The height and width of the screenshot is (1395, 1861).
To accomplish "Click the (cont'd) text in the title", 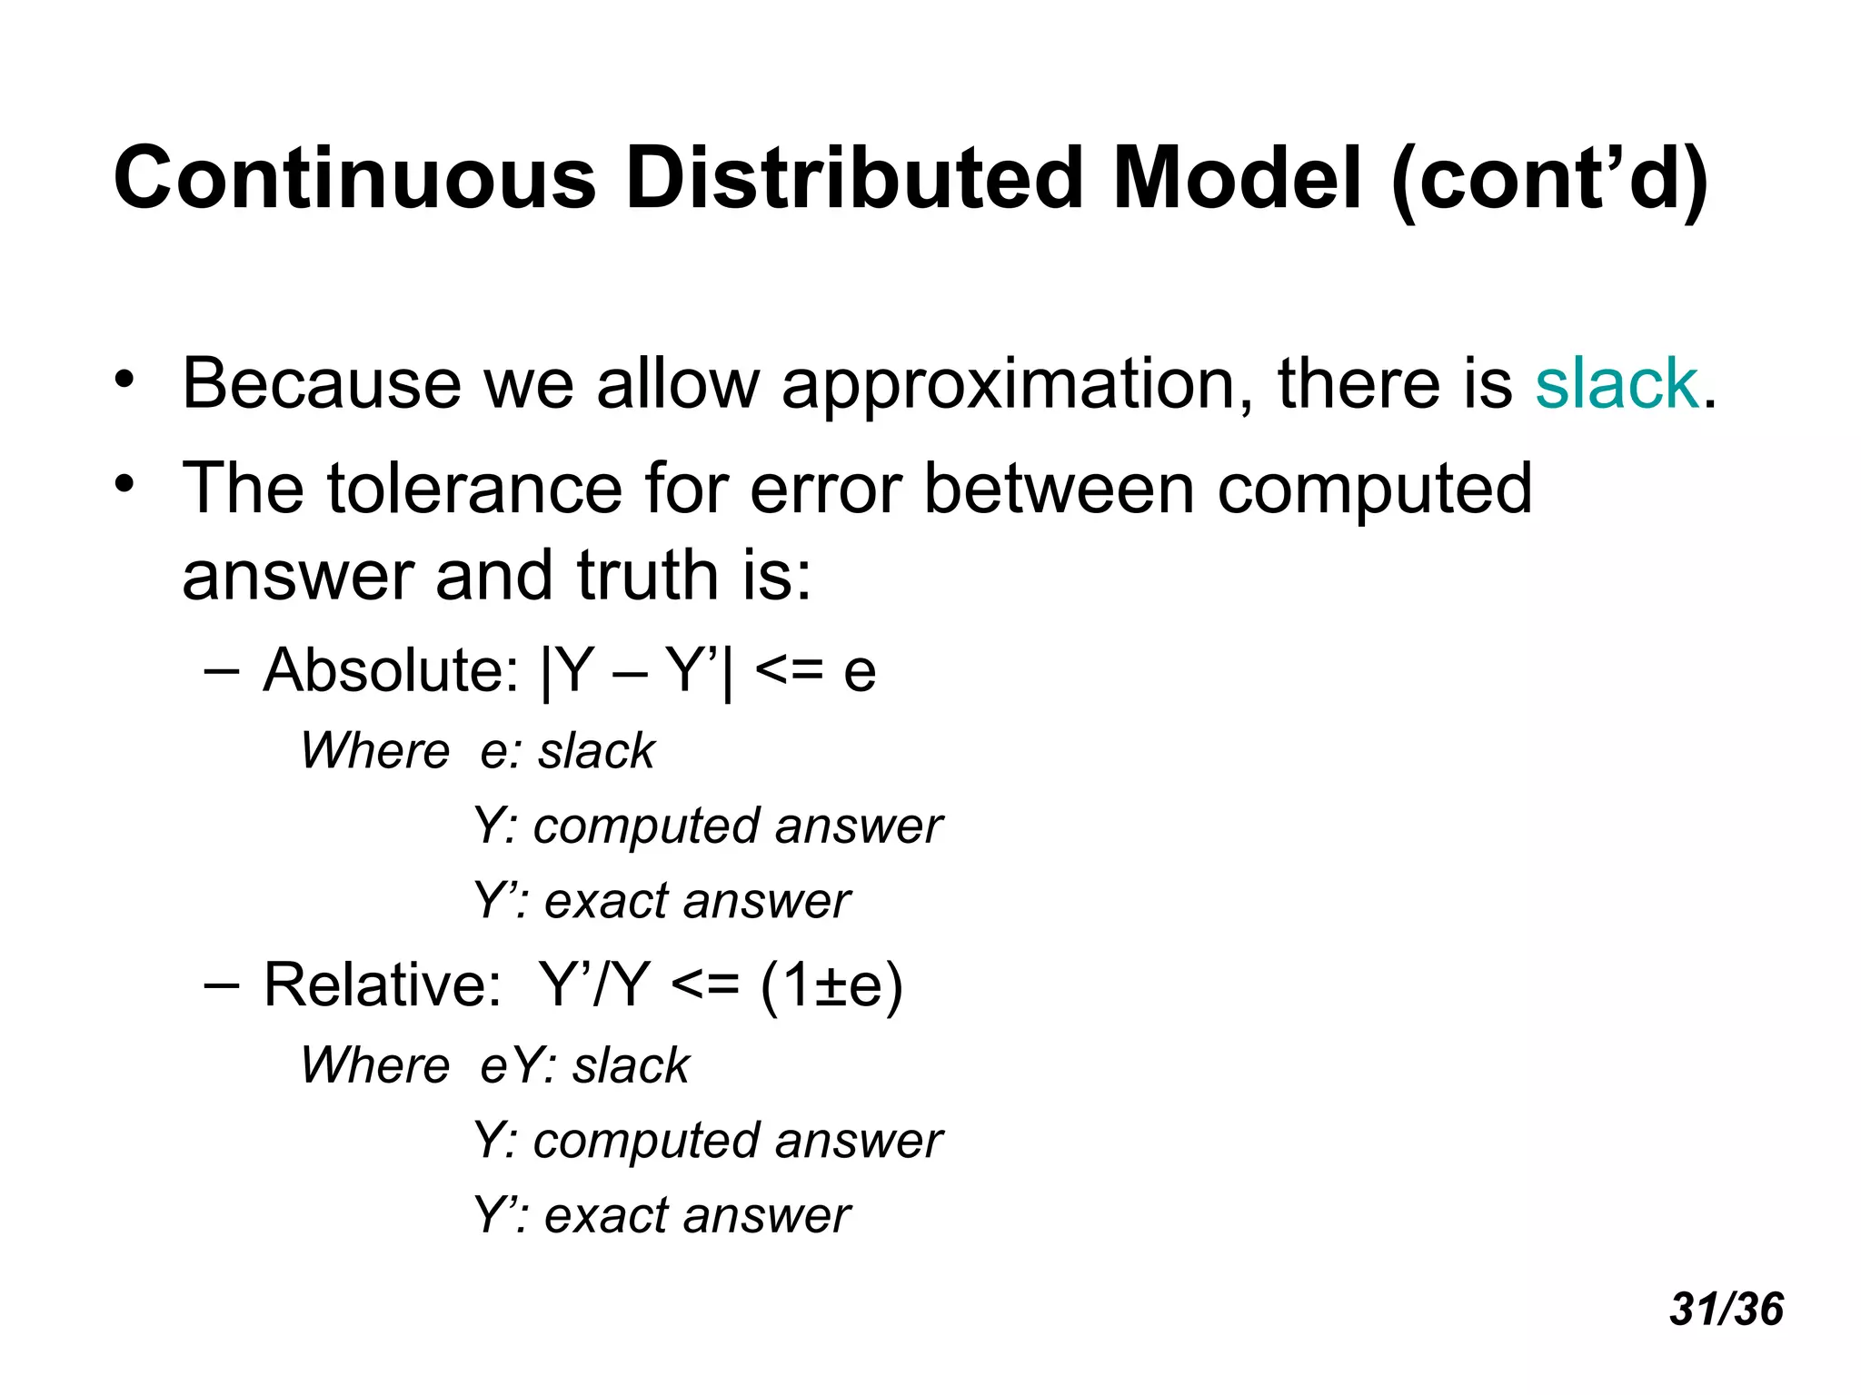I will (1550, 180).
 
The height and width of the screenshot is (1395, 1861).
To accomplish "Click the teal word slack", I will (1616, 384).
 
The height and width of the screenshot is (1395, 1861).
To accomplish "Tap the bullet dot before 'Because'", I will (124, 378).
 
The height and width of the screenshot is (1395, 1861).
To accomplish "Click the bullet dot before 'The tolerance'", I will (124, 482).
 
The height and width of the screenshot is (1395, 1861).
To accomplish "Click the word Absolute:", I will (391, 671).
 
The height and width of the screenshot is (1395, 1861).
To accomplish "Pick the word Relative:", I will (383, 984).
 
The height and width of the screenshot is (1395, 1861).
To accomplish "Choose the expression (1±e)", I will (831, 985).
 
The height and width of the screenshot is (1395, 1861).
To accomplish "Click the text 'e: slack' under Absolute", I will (567, 751).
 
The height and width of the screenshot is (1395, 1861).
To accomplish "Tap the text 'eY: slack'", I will (584, 1065).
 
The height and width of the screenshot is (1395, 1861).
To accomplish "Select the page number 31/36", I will (1726, 1310).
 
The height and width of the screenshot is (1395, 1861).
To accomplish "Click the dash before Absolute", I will (222, 672).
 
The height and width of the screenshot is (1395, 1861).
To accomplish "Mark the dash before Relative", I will (222, 985).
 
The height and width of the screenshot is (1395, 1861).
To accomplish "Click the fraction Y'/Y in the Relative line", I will (594, 984).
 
